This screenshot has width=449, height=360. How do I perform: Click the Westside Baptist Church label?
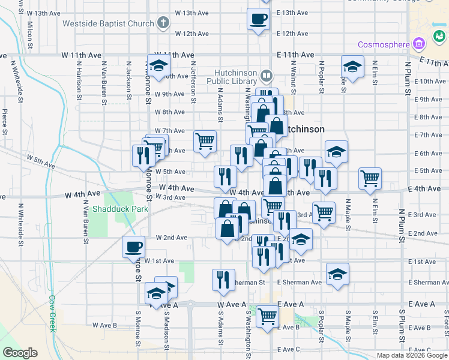(x=109, y=25)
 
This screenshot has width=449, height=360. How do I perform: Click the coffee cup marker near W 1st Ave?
(x=133, y=246)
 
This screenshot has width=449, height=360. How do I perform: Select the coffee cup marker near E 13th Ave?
(x=259, y=19)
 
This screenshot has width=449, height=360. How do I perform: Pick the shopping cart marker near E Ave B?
(x=267, y=314)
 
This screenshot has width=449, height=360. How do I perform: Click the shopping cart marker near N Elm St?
(x=370, y=177)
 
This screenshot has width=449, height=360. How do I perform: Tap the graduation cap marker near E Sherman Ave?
(x=338, y=274)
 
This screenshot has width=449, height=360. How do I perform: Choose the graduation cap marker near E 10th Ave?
(x=352, y=66)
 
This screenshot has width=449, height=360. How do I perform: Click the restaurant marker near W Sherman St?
(x=223, y=280)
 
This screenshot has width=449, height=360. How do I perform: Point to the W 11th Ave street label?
(x=81, y=55)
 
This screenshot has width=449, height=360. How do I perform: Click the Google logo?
(x=20, y=353)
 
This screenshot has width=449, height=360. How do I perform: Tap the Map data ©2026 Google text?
(x=411, y=355)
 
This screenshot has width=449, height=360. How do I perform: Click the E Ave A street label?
(x=291, y=305)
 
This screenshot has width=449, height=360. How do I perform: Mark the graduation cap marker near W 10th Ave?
(x=158, y=65)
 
